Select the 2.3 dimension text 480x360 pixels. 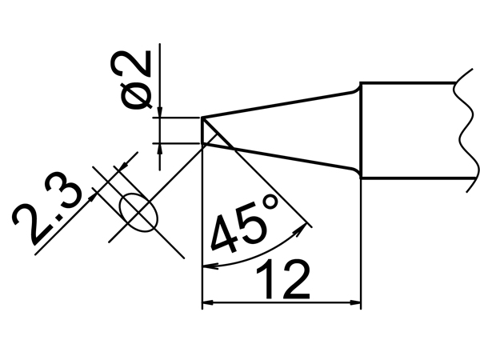[x=49, y=214]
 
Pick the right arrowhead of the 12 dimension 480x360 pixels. [x=357, y=303]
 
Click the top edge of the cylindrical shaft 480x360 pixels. [x=408, y=82]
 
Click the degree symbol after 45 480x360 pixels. [x=269, y=210]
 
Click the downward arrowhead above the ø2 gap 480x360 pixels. [x=161, y=112]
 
